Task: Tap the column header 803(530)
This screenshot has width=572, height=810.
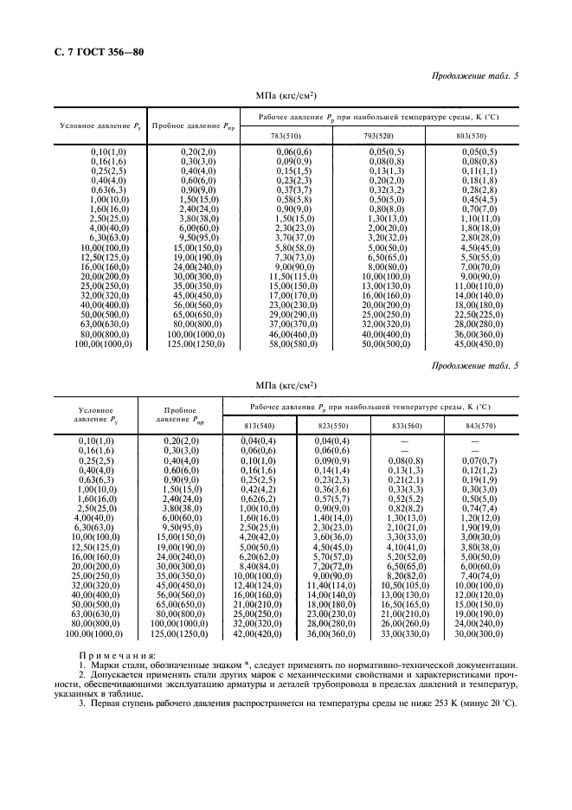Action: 474,135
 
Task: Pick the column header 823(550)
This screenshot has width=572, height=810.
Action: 333,425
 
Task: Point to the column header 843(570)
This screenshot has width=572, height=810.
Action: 479,425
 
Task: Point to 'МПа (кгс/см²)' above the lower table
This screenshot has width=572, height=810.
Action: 286,383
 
